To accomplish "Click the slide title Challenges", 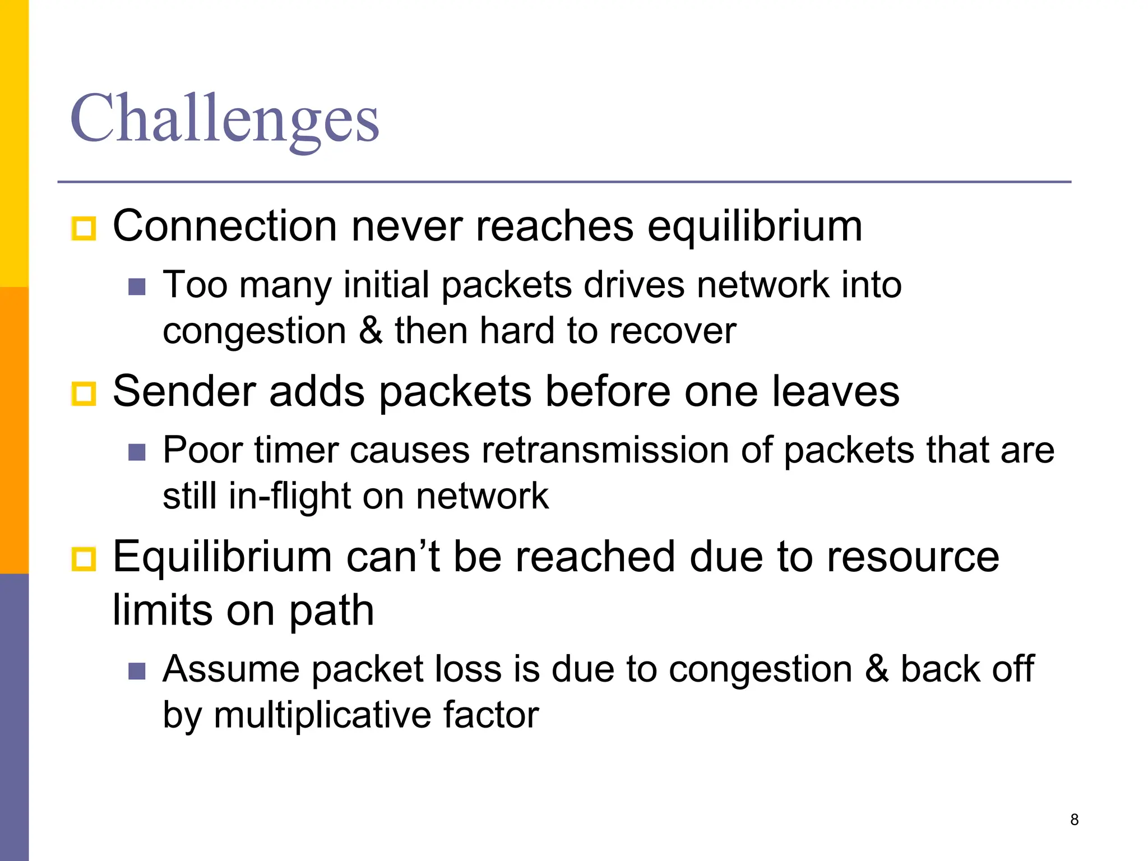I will pos(224,119).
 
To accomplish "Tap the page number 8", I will pos(1074,820).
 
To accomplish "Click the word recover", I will pos(673,331).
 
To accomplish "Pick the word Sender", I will pos(184,391).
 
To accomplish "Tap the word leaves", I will pos(836,391).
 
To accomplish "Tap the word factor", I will pos(491,715).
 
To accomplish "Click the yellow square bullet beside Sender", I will pos(84,394).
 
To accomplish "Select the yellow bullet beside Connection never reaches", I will pos(84,228).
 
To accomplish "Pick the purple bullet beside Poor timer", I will pos(137,452).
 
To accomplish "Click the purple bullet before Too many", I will pos(137,286).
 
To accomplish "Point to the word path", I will pos(331,610).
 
